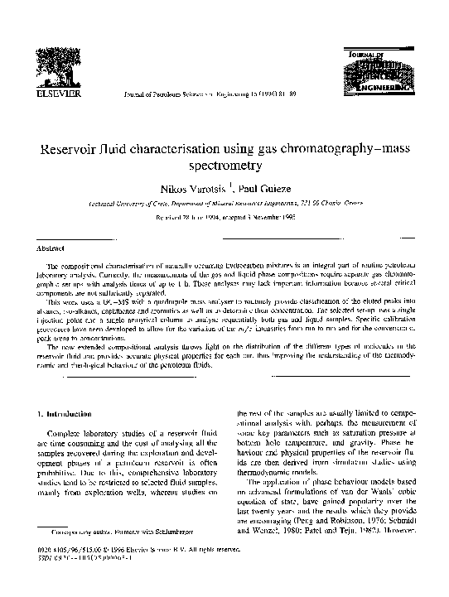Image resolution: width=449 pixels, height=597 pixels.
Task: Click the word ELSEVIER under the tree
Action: [x=54, y=95]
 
